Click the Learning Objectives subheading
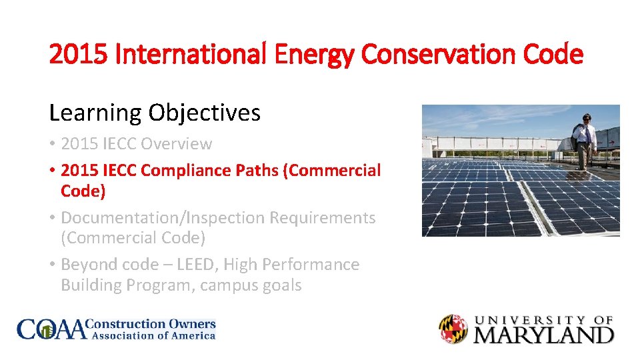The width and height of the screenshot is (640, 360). click(x=155, y=113)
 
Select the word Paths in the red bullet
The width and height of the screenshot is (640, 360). click(x=258, y=171)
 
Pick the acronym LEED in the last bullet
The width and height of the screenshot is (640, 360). click(x=195, y=265)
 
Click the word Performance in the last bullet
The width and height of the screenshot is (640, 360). click(x=313, y=265)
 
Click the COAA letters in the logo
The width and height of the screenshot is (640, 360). click(x=52, y=329)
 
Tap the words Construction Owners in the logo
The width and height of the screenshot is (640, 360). click(x=153, y=324)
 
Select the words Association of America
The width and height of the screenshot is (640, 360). click(x=153, y=336)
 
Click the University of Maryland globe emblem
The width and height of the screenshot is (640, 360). click(x=453, y=329)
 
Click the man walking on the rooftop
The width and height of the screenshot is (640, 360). click(x=585, y=140)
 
